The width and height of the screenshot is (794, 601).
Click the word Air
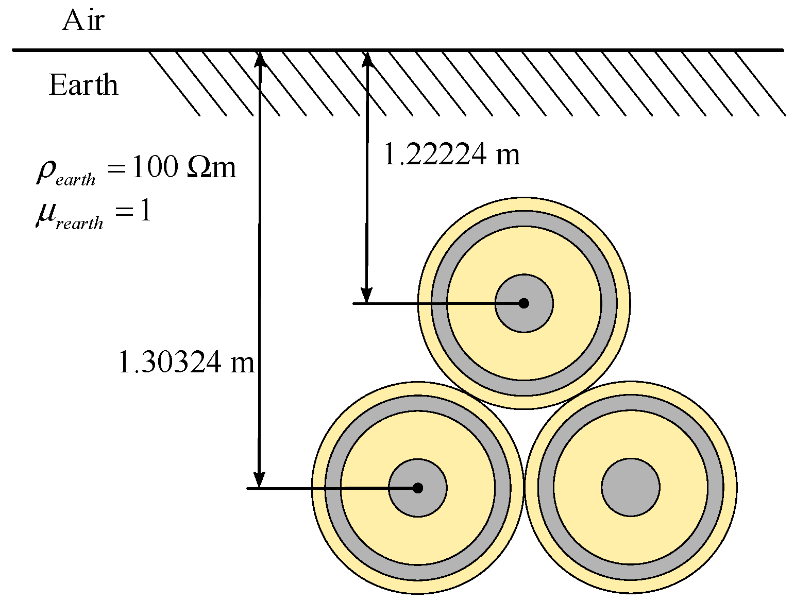pyautogui.click(x=83, y=21)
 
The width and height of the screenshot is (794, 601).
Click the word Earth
pyautogui.click(x=83, y=85)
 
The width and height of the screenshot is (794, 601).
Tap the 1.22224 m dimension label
pyautogui.click(x=452, y=154)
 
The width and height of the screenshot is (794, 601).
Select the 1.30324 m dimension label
pyautogui.click(x=186, y=362)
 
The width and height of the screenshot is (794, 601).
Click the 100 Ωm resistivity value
pyautogui.click(x=183, y=168)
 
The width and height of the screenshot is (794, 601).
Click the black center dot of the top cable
pyautogui.click(x=523, y=303)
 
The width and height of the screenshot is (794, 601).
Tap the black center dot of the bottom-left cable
pyautogui.click(x=417, y=488)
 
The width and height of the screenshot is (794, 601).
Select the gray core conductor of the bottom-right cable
pyautogui.click(x=631, y=487)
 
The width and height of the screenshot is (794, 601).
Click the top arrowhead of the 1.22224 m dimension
pyautogui.click(x=367, y=58)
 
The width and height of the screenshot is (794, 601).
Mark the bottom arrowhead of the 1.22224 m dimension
pyautogui.click(x=366, y=296)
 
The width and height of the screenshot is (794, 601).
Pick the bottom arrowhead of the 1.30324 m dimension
pyautogui.click(x=260, y=480)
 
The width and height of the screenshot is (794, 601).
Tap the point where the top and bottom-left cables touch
pyautogui.click(x=471, y=395)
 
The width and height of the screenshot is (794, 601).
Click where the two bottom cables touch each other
pyautogui.click(x=524, y=487)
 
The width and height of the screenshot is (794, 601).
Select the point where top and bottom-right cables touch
pyautogui.click(x=577, y=395)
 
